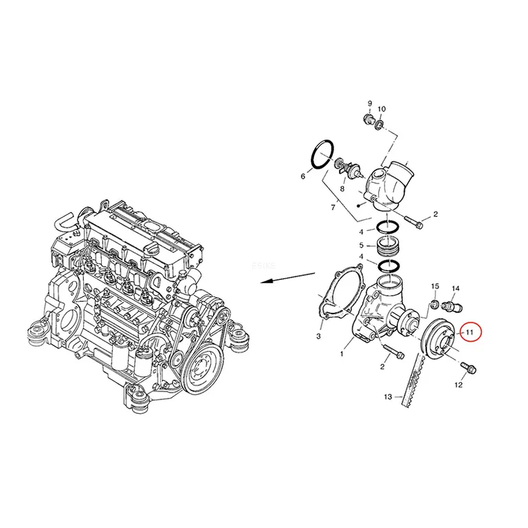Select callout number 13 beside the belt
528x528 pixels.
[388, 397]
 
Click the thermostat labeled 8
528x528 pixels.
[349, 168]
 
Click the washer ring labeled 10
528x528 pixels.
[379, 125]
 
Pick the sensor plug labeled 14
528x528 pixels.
[453, 306]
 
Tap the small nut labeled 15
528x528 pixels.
[434, 304]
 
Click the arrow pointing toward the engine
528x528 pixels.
[288, 278]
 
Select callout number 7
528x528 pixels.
[333, 208]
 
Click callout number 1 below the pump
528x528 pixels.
[342, 354]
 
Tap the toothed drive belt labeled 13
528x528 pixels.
[411, 381]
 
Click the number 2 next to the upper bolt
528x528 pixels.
[435, 214]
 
